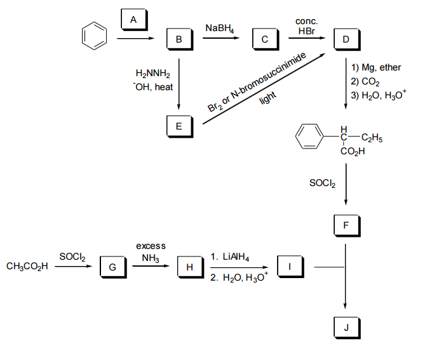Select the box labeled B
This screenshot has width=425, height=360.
click(179, 39)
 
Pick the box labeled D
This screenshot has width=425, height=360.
click(345, 39)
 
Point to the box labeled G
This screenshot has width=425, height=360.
click(112, 267)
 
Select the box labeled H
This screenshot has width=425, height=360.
click(189, 267)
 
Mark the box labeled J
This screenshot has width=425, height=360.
click(345, 328)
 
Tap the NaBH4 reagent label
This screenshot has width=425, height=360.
click(220, 29)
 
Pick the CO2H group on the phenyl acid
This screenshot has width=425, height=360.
click(353, 152)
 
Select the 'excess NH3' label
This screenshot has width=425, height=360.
click(151, 251)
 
